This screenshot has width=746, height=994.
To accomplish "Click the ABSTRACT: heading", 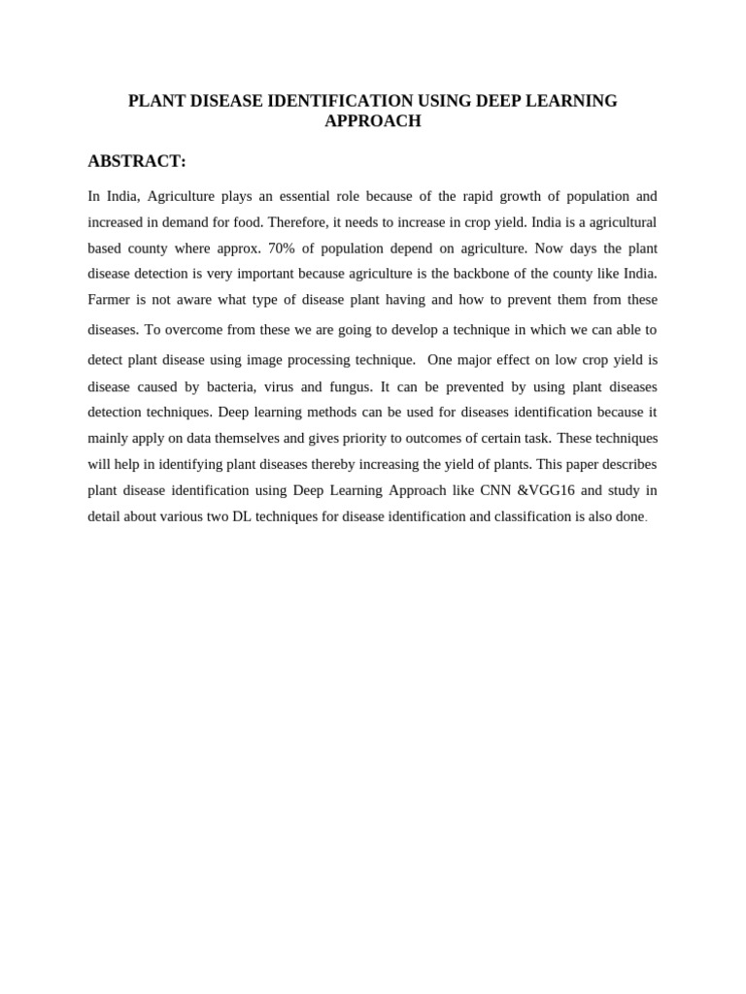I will (x=136, y=161).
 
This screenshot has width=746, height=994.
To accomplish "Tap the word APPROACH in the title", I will (x=373, y=121).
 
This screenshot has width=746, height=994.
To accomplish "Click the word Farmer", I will (x=110, y=299).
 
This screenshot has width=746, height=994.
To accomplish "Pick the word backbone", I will (x=471, y=273).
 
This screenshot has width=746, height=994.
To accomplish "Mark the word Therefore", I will (x=298, y=221).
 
